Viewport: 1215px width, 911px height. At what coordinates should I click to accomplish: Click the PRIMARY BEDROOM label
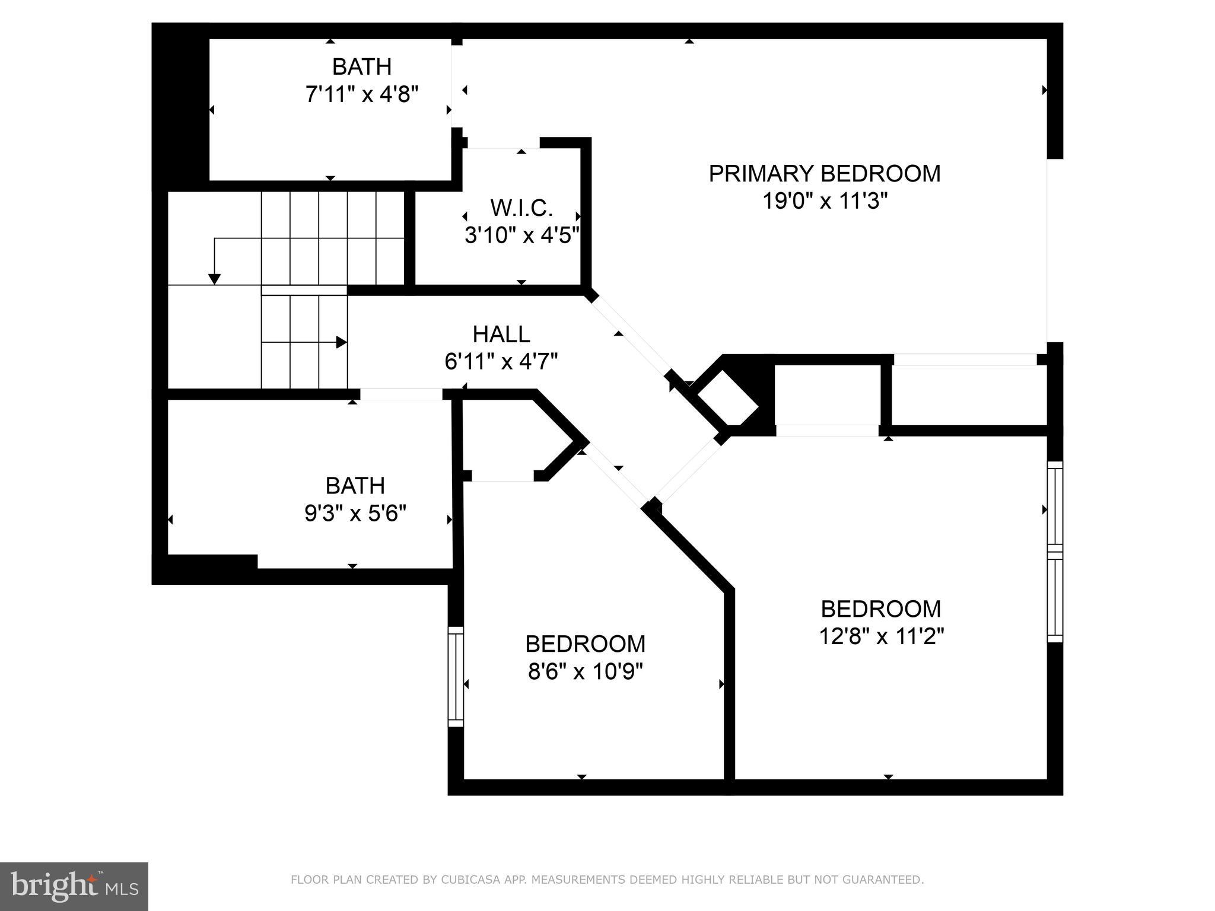tap(825, 174)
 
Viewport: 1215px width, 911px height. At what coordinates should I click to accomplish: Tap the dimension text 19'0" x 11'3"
tap(825, 202)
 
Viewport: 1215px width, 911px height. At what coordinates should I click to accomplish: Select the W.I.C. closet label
tap(521, 208)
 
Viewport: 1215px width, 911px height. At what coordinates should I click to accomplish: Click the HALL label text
tap(501, 335)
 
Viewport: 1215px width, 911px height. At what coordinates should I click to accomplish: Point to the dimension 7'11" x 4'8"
tap(362, 94)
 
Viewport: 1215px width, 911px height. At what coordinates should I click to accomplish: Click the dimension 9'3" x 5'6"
tap(355, 513)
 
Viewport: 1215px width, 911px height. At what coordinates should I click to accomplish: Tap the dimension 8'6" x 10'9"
tap(586, 671)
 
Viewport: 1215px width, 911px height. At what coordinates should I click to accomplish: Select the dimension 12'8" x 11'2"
tap(881, 636)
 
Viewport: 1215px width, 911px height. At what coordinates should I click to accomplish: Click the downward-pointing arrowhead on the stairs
tap(215, 279)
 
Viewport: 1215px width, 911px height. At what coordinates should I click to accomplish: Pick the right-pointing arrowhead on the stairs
tap(341, 342)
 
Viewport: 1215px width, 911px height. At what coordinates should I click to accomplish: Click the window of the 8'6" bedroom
tap(455, 677)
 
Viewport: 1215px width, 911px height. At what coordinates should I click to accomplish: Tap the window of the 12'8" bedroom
tap(1055, 552)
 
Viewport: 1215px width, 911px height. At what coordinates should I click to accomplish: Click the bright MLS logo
tap(74, 886)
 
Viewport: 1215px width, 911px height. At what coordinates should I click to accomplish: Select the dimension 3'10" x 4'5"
tap(521, 236)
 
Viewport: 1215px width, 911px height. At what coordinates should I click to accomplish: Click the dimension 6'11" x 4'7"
tap(501, 362)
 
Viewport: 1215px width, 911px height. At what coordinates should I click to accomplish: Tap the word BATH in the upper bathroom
tap(362, 67)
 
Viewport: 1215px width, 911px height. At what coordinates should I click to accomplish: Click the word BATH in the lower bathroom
tap(355, 486)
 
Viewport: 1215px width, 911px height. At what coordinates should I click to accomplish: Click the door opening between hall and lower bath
tap(402, 394)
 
